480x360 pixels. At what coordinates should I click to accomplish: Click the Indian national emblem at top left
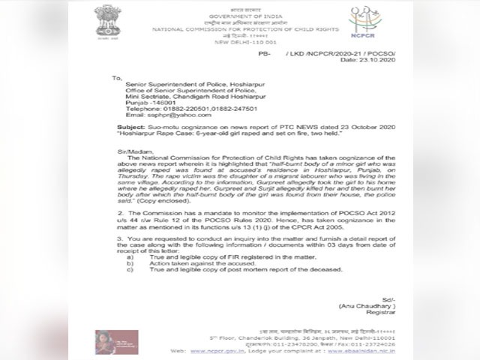click(x=106, y=20)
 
